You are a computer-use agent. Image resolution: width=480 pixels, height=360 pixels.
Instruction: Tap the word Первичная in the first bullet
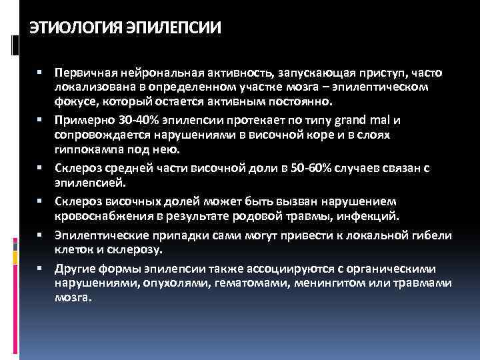(83, 71)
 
